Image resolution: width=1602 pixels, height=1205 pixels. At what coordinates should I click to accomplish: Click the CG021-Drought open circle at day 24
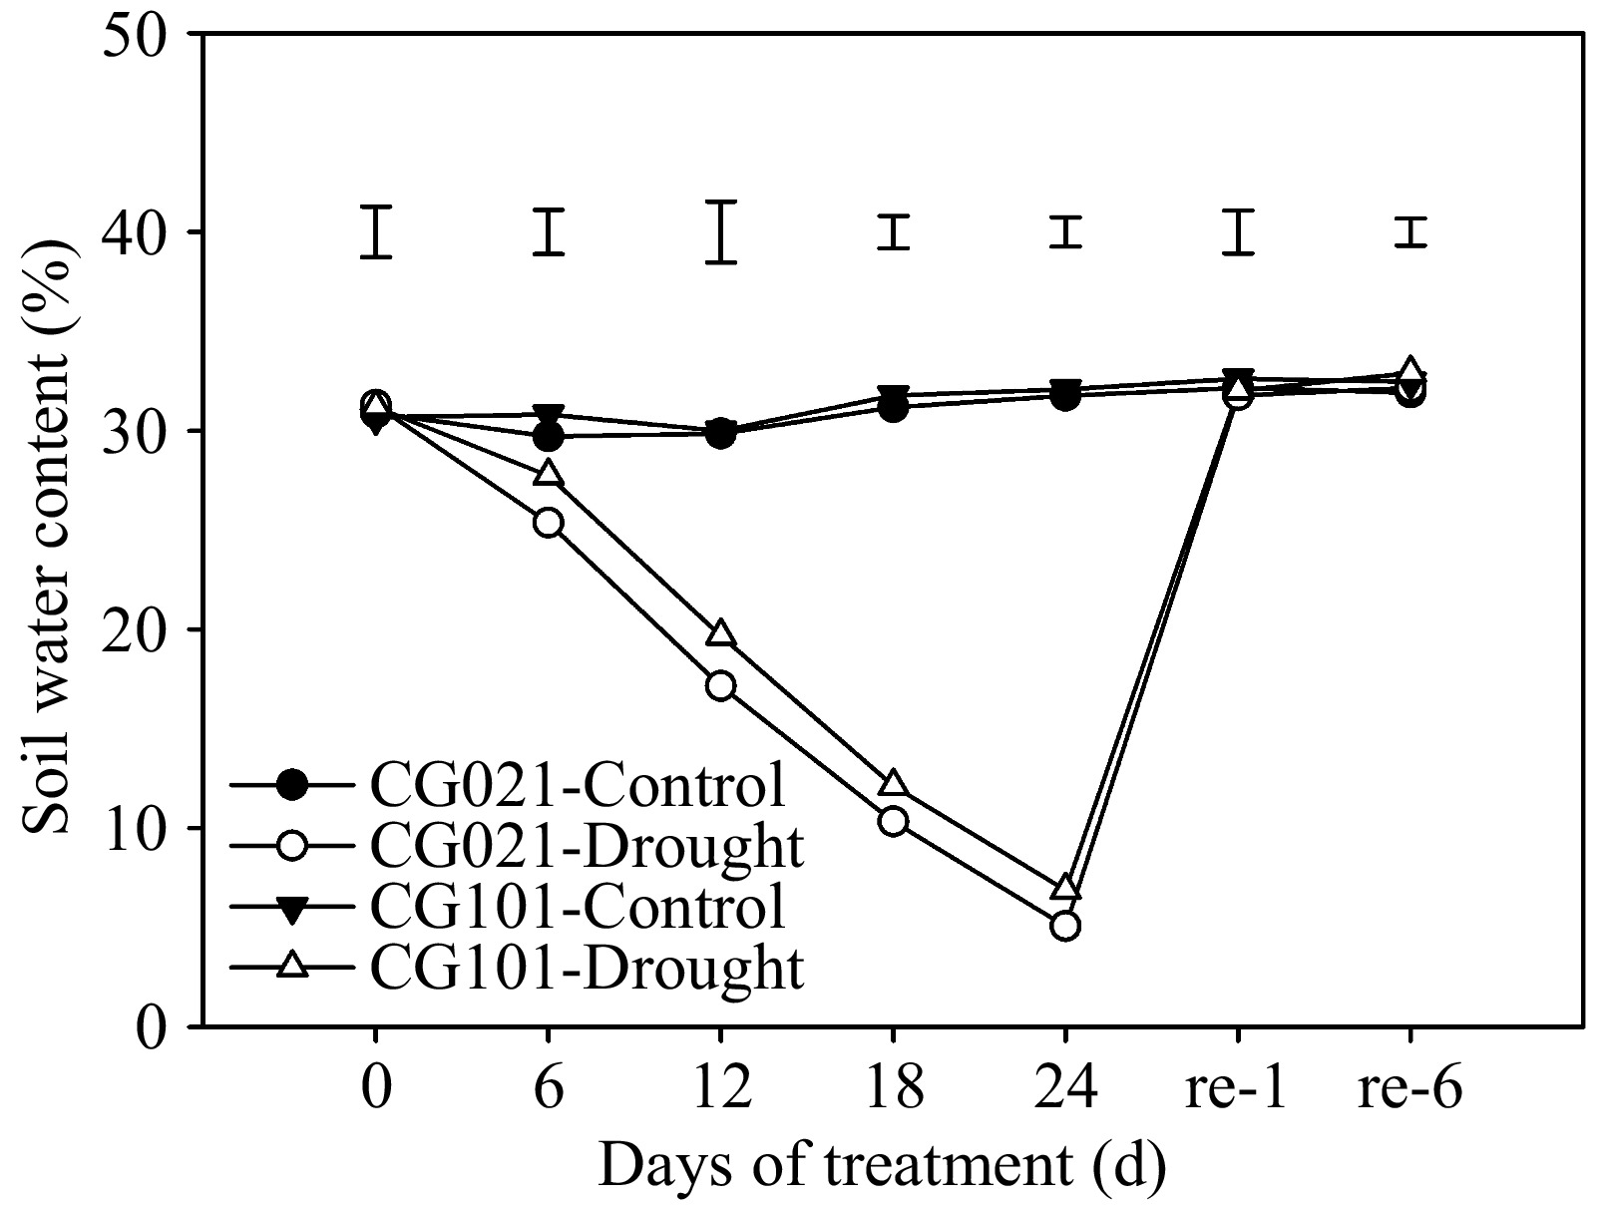[x=1065, y=926]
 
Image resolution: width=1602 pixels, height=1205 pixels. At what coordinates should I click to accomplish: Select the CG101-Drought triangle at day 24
[x=1065, y=888]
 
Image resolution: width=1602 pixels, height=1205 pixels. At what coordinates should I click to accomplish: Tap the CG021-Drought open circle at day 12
[x=720, y=685]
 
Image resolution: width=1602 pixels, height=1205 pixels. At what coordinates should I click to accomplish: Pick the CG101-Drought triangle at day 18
[x=893, y=783]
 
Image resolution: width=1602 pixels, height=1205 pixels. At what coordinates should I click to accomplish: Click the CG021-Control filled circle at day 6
[x=548, y=436]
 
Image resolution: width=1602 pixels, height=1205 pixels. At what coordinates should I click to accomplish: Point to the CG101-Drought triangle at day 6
[x=548, y=474]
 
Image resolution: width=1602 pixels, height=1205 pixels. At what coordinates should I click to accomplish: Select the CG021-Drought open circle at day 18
[x=893, y=821]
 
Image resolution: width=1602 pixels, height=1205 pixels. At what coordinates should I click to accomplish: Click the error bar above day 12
[x=720, y=231]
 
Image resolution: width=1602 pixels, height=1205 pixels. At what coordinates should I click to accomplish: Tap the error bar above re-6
[x=1410, y=231]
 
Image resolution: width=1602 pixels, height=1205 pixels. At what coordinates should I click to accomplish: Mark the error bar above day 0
[x=375, y=231]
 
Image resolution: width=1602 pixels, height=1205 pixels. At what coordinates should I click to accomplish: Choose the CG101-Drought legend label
[x=586, y=966]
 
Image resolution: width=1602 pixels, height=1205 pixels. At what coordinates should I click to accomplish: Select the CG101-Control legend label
[x=577, y=906]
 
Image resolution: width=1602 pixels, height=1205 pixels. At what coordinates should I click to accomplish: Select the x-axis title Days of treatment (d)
[x=882, y=1163]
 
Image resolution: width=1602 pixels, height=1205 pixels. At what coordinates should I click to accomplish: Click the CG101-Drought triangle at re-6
[x=1410, y=371]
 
